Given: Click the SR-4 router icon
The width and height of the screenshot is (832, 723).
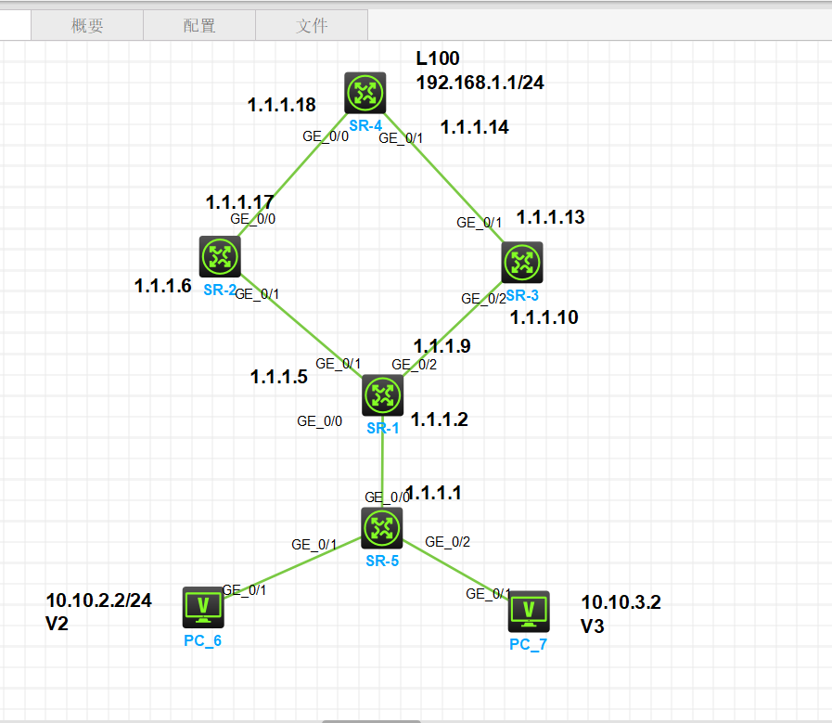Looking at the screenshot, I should point(364,93).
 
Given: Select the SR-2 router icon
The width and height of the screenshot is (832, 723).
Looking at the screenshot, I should point(220,256).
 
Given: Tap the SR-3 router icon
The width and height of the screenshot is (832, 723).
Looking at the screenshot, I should point(522,263).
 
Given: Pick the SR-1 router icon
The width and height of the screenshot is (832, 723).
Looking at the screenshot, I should point(382,396).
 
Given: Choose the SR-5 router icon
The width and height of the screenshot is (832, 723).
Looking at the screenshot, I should point(382,528).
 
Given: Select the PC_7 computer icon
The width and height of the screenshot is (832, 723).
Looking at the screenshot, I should point(529,611).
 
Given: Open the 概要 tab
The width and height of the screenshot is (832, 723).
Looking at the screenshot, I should point(87,26).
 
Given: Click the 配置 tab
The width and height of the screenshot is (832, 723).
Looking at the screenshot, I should point(199,26).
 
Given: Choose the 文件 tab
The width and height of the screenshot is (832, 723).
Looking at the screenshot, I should point(312,26).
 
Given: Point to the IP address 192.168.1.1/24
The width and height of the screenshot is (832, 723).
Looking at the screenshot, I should point(480,83).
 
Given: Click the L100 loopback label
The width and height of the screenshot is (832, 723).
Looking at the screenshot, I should point(438,59).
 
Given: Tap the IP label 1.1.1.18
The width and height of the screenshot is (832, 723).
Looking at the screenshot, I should point(282,106).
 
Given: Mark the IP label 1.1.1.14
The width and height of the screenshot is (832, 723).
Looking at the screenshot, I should point(475,127).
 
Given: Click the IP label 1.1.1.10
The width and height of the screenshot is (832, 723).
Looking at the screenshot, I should point(544,317).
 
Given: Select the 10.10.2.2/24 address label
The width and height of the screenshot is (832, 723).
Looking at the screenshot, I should point(98,600).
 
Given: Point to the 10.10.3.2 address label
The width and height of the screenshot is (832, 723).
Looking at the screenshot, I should point(621,603).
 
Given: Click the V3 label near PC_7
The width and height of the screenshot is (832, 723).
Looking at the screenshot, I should point(593,627).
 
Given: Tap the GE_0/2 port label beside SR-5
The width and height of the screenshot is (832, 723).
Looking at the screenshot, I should point(447,542).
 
